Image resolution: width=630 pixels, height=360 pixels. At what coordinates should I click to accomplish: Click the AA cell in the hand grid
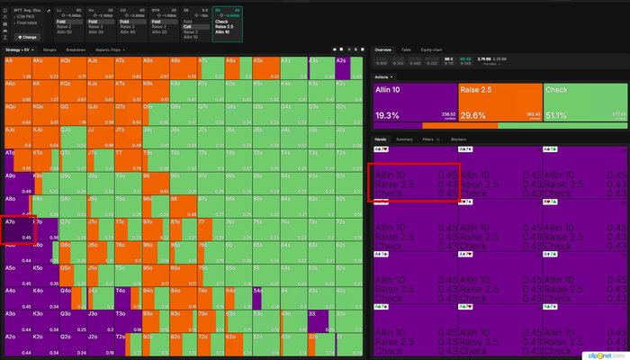17,67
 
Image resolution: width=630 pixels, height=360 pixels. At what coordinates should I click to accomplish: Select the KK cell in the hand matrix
44,91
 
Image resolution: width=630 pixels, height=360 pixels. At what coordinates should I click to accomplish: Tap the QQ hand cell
71,114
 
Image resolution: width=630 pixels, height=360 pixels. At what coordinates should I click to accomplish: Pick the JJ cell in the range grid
98,137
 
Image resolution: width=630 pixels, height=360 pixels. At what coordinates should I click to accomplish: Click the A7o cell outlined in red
17,229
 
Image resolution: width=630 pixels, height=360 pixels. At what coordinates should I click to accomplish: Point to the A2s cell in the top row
348,67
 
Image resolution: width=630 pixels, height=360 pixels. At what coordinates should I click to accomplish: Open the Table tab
406,50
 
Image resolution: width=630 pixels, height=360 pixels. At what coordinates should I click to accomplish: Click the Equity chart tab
432,50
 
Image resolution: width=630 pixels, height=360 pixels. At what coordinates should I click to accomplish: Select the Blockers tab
458,139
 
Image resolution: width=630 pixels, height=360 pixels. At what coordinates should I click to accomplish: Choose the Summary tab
405,139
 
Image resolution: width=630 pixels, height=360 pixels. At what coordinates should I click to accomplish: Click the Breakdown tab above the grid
76,49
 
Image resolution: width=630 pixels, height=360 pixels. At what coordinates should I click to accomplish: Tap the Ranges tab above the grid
49,49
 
